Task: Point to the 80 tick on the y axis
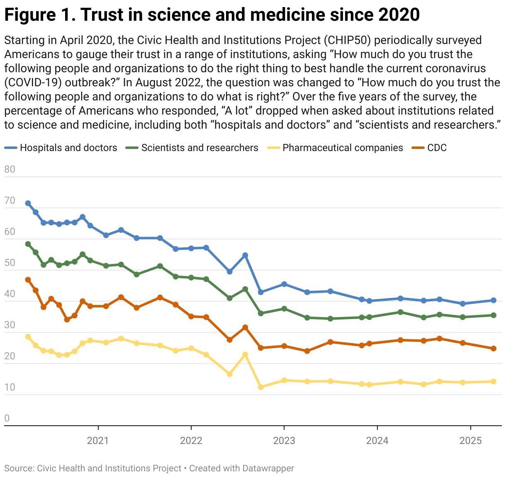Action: (x=10, y=169)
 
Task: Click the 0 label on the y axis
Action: (x=7, y=418)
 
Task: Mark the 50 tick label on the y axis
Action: (x=10, y=263)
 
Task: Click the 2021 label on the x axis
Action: (x=98, y=440)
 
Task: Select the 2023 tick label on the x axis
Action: (x=284, y=440)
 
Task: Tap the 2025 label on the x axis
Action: (x=470, y=440)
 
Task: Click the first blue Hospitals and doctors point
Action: (x=28, y=203)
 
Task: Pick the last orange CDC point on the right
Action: (x=494, y=349)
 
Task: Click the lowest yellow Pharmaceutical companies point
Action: (x=261, y=387)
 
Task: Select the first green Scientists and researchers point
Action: (x=28, y=244)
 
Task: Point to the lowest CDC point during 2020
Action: (x=67, y=319)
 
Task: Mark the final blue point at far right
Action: (x=494, y=300)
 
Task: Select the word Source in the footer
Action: (x=18, y=468)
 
